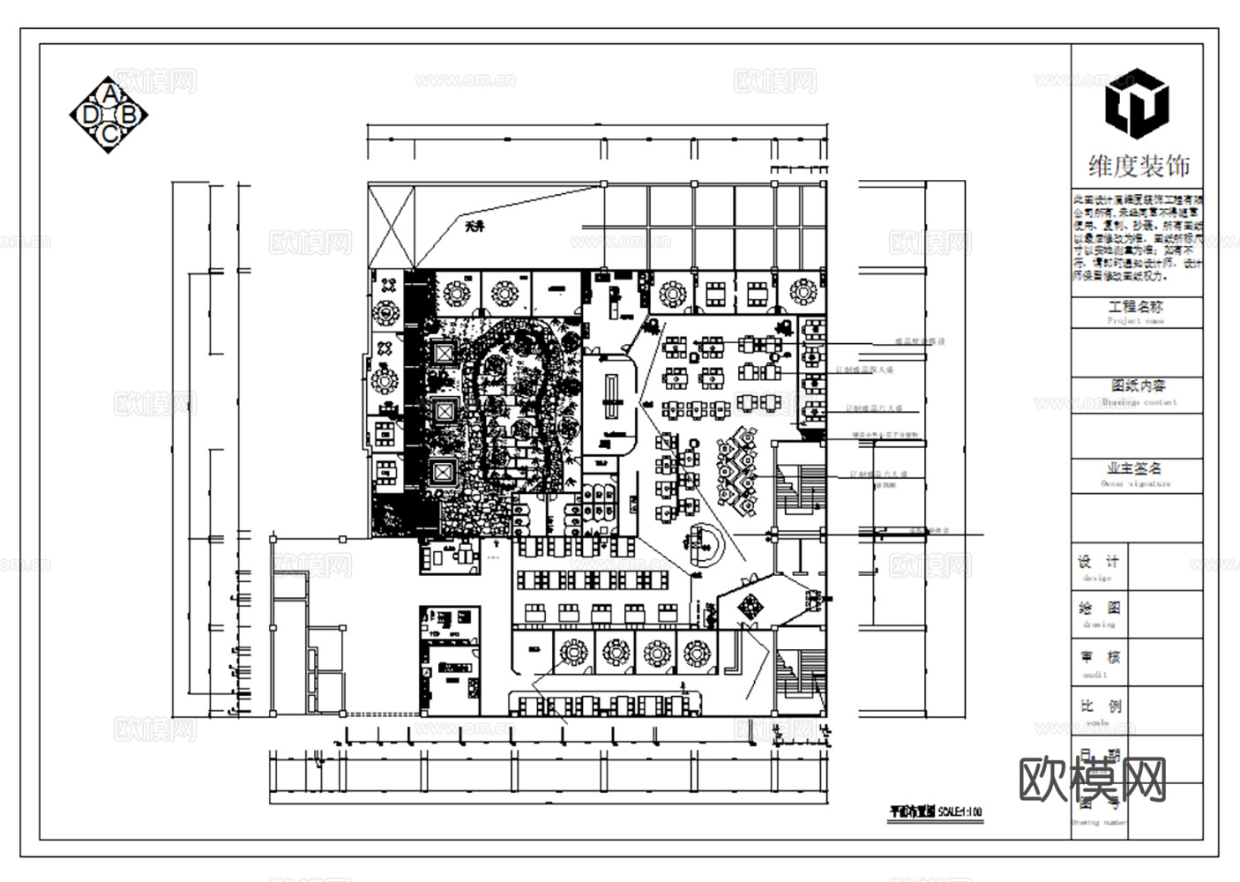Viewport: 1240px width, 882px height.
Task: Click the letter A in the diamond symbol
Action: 109,93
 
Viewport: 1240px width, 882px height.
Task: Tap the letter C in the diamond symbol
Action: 109,134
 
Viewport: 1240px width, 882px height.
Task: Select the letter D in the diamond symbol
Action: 89,115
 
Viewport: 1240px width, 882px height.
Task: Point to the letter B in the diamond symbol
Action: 130,115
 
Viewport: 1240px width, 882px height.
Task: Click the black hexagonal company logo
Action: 1137,102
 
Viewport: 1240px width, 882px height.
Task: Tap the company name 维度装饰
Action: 1138,166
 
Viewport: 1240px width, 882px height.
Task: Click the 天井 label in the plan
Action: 475,227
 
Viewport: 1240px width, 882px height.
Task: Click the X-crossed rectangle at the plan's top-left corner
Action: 391,225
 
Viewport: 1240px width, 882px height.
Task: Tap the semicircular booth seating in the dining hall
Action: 705,547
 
